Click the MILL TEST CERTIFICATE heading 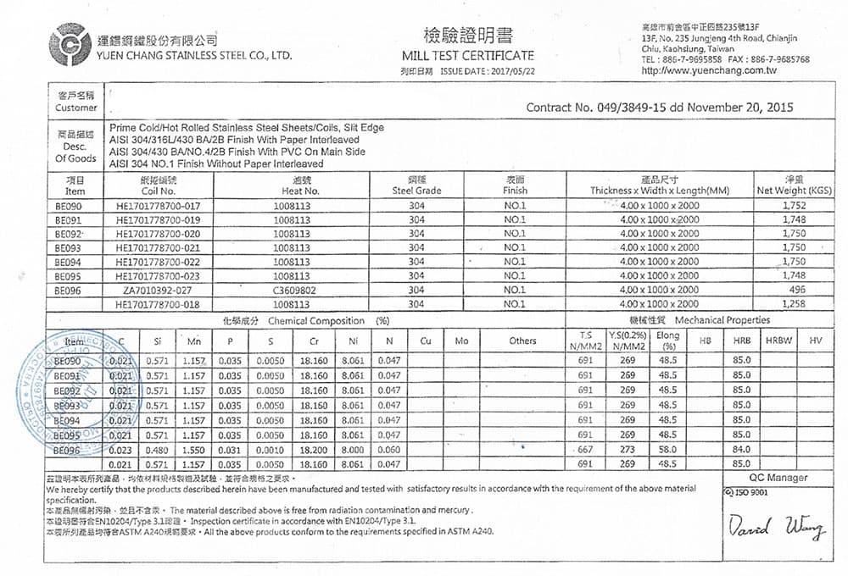[x=468, y=55]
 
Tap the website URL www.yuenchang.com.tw [x=709, y=70]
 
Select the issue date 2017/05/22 [x=514, y=70]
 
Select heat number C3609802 [x=292, y=290]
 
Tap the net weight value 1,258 [x=794, y=303]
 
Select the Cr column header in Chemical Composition [x=314, y=341]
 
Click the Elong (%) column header [x=668, y=341]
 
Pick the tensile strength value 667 [x=585, y=450]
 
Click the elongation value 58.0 [x=667, y=450]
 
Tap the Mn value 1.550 [x=194, y=450]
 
